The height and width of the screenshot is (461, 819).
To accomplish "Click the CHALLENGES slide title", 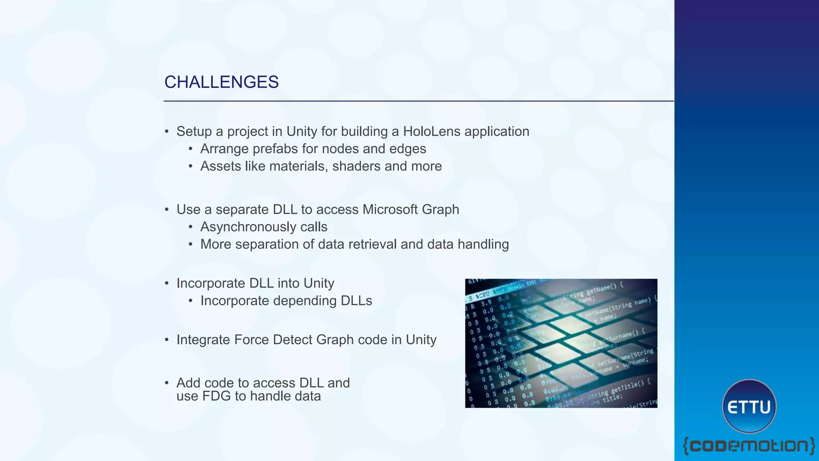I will point(221,82).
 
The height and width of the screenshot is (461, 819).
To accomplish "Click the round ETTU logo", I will point(749,406).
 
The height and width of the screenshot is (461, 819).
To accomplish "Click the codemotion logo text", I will point(749,446).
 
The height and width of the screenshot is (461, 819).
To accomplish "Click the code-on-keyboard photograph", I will point(561,343).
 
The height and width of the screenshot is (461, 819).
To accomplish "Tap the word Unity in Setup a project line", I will point(302,131).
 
